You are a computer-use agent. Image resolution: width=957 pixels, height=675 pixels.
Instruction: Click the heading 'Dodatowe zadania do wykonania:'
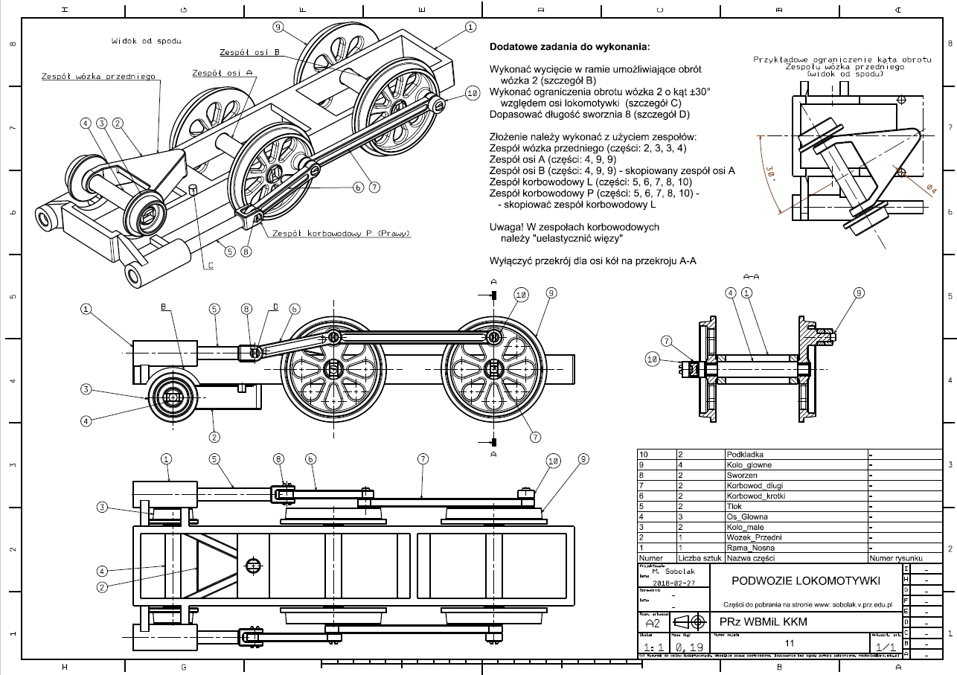coord(569,47)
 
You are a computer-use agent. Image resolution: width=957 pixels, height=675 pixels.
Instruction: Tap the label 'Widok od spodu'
coord(146,41)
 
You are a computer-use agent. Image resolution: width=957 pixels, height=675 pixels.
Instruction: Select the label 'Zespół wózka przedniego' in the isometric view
coord(97,76)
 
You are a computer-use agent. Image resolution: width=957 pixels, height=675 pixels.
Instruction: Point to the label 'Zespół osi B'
coord(249,53)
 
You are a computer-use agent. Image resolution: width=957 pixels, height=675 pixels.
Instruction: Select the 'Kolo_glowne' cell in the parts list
coord(752,464)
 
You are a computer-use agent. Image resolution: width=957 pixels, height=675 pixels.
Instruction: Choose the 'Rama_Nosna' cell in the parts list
coord(752,547)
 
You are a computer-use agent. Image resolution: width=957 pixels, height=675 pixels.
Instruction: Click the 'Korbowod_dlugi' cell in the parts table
coord(755,485)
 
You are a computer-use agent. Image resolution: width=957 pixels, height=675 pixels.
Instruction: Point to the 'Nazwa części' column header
coord(751,557)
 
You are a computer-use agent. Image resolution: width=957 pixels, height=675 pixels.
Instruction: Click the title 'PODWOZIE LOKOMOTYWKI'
coord(795,580)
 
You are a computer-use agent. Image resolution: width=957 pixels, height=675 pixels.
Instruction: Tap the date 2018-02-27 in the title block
coord(671,583)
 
